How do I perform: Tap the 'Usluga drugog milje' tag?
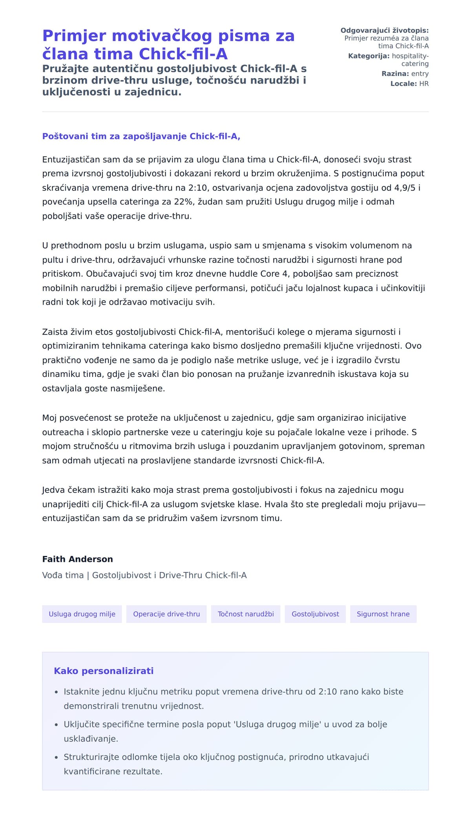(82, 614)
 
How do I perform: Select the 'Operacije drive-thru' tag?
(166, 614)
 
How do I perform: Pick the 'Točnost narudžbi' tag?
(246, 614)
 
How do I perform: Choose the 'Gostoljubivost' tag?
(315, 614)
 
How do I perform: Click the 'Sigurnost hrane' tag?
(383, 614)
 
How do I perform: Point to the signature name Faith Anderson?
(77, 559)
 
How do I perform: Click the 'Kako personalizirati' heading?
(104, 671)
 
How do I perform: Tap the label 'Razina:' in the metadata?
(395, 74)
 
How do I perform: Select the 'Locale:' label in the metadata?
(403, 84)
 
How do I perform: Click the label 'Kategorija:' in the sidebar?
(369, 56)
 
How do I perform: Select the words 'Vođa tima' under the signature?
(63, 575)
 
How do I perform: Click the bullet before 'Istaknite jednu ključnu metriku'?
(57, 692)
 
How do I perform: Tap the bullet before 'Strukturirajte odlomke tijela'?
(57, 757)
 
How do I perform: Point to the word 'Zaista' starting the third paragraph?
(55, 332)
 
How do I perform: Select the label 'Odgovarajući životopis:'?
(384, 31)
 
